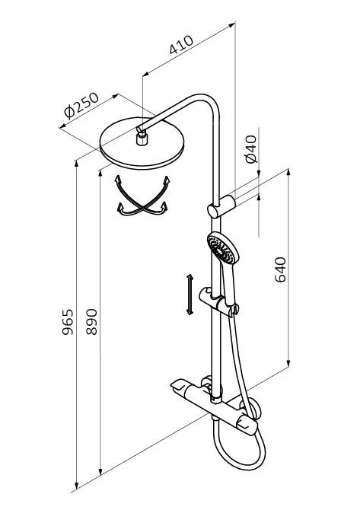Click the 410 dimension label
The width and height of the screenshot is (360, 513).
(181, 44)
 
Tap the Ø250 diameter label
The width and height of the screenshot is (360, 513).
(81, 105)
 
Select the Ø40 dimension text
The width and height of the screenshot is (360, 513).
(251, 149)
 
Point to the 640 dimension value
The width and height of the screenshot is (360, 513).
(281, 269)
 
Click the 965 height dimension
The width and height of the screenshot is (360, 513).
(68, 322)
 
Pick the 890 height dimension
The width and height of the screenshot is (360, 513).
(91, 322)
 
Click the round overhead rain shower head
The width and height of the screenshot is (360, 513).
(142, 144)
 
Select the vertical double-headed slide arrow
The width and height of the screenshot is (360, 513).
(190, 295)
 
